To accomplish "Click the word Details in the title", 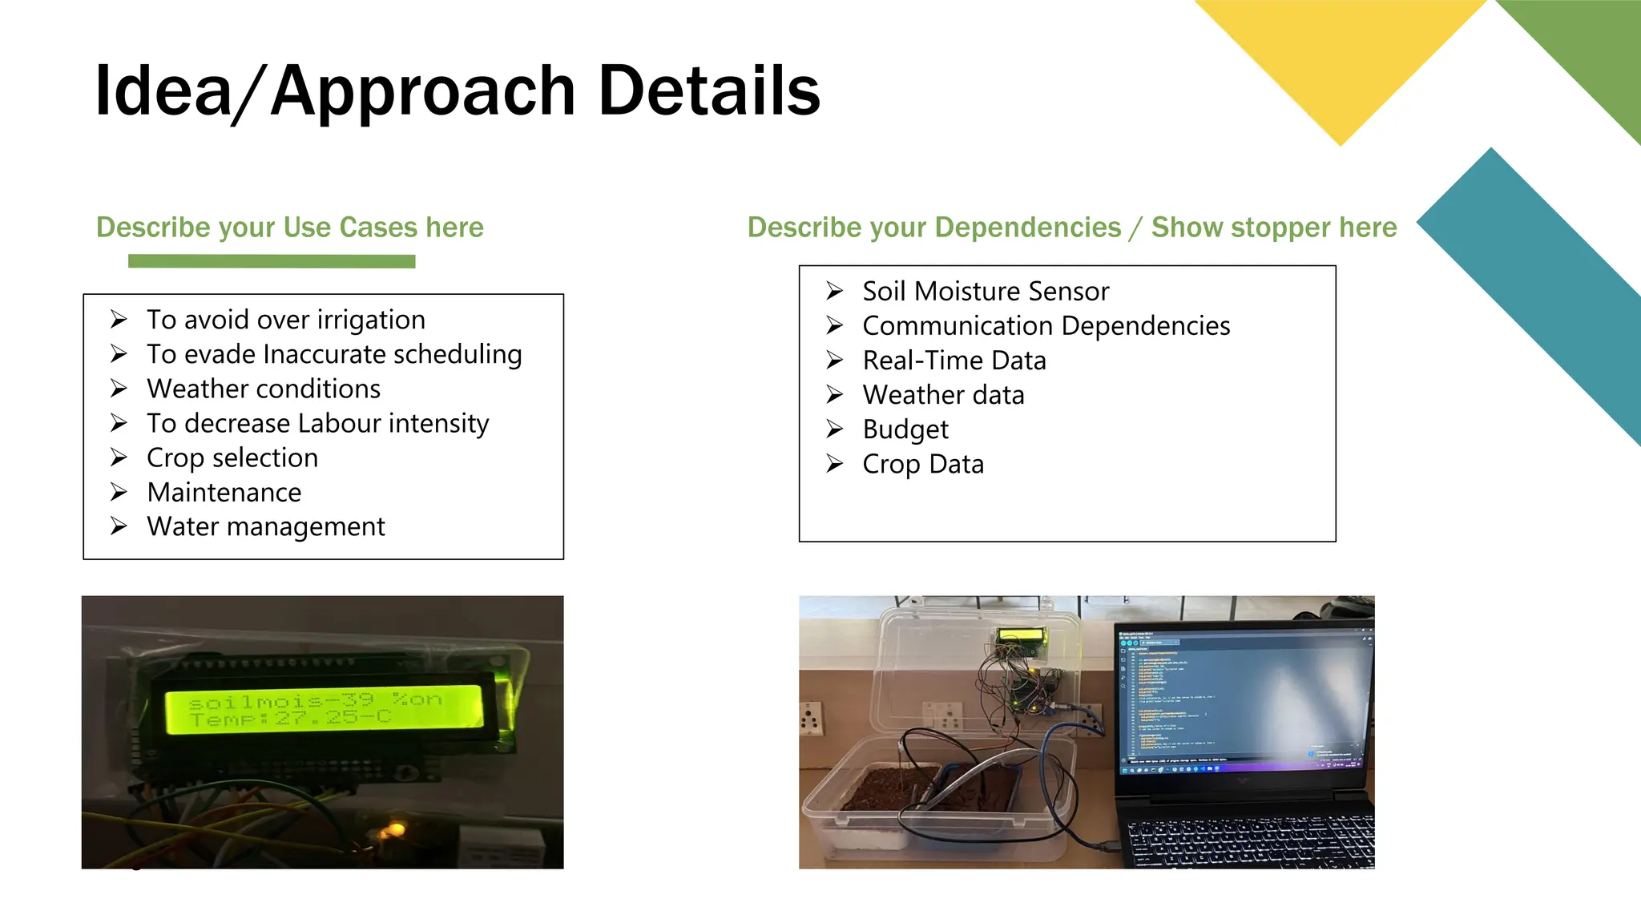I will (708, 91).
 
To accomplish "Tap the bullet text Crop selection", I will (232, 457).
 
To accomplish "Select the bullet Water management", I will (265, 526).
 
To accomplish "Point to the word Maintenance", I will (224, 492).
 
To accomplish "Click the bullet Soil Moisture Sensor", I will (986, 291).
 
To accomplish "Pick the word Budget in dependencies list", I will (905, 429).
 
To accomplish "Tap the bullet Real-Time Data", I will (954, 361).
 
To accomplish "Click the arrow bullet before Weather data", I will (835, 395).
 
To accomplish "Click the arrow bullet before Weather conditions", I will (119, 389).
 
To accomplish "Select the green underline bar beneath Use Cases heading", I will (272, 261).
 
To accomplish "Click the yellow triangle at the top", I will (1340, 56).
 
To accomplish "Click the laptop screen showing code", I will (1242, 697).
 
